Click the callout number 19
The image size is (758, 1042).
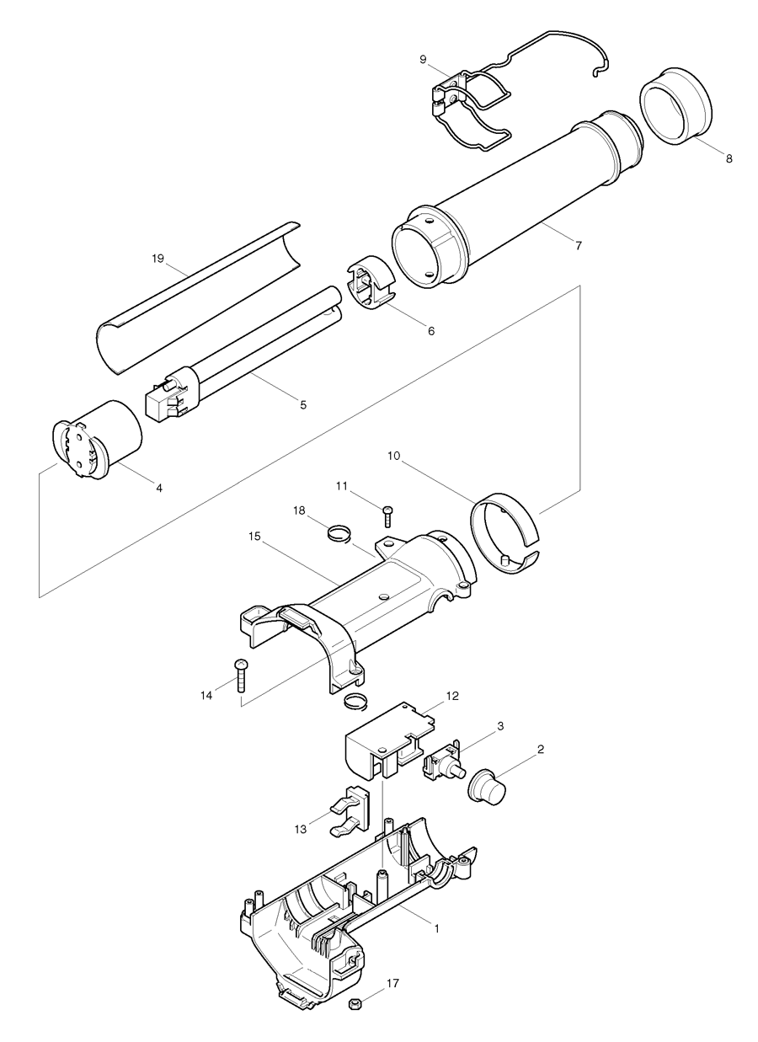pos(157,259)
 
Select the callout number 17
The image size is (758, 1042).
pos(392,982)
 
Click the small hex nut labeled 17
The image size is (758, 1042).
pos(355,1003)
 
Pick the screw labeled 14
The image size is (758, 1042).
pos(241,675)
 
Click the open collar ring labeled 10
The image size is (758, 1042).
pos(504,535)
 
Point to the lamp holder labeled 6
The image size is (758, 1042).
pos(371,288)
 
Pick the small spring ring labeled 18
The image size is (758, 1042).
pos(339,533)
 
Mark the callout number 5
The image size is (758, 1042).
pos(302,404)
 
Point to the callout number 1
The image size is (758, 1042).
pos(436,927)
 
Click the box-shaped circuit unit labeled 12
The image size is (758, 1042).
pos(383,741)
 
